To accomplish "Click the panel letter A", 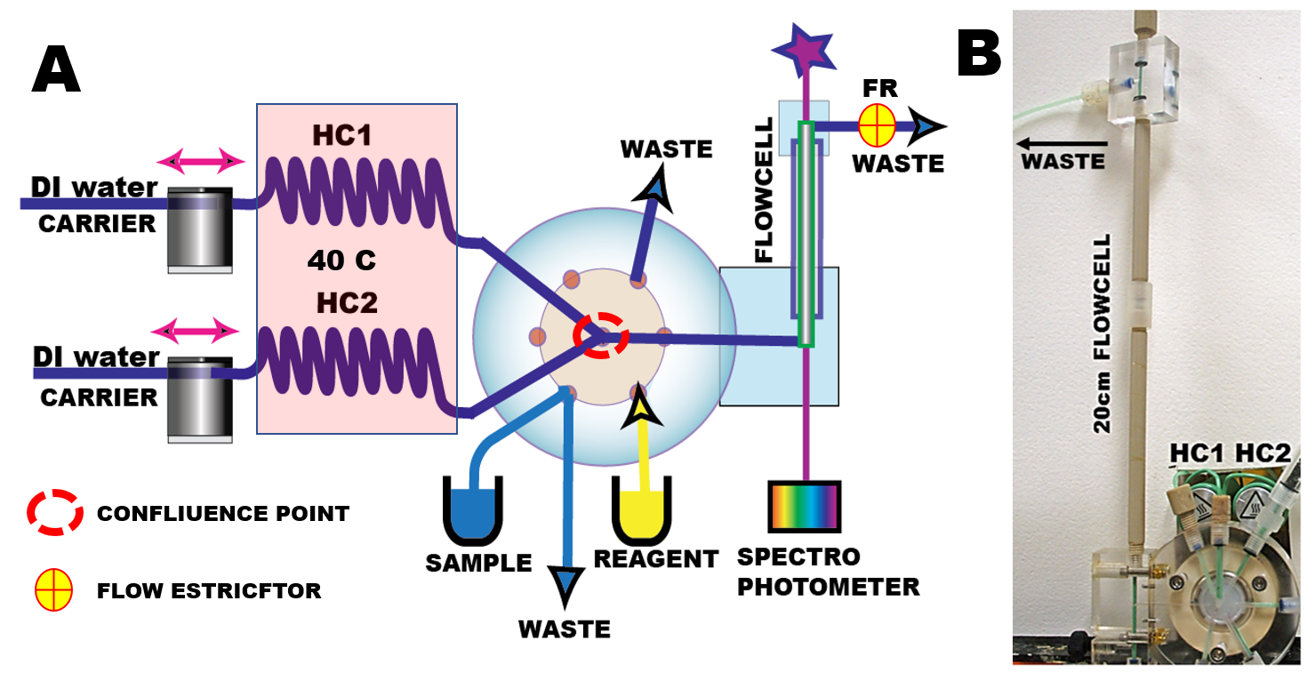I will [x=56, y=70].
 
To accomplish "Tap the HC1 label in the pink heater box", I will [x=342, y=135].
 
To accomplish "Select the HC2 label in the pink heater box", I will [x=347, y=302].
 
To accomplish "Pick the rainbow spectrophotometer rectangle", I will [x=804, y=507].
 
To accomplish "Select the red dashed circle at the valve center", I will [x=601, y=336].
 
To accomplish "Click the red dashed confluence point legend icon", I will [x=54, y=513].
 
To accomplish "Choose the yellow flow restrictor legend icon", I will [x=53, y=591].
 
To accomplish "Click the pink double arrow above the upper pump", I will [x=200, y=161].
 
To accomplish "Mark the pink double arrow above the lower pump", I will [x=195, y=332].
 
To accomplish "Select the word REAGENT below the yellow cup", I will [x=655, y=560].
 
